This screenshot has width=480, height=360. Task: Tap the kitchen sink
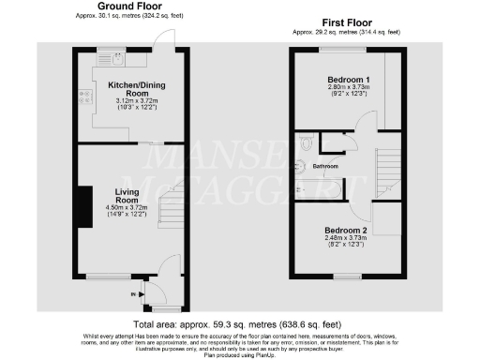coord(118,58)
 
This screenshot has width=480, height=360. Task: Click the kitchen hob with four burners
coord(85,95)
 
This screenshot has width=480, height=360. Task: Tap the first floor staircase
coord(386,169)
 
